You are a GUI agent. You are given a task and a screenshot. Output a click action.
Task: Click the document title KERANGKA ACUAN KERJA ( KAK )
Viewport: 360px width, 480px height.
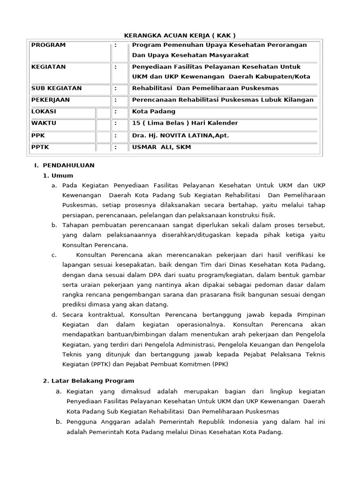pos(180,36)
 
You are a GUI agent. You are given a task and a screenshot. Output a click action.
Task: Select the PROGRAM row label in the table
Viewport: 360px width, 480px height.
pos(48,45)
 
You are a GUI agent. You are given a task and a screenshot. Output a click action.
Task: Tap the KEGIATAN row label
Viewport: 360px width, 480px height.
pos(48,67)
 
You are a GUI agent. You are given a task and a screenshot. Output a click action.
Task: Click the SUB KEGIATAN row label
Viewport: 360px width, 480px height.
pos(56,88)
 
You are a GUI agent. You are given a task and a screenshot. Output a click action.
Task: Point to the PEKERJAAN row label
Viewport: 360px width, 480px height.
pos(50,100)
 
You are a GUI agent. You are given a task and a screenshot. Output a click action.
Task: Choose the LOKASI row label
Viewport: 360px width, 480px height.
pos(44,112)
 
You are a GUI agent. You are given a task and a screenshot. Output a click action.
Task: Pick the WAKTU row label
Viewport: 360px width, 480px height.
pos(44,123)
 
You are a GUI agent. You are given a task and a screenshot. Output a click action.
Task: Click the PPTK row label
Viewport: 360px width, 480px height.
pos(40,147)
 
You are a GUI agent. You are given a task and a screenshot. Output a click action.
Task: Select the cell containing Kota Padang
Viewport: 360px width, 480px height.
pos(154,112)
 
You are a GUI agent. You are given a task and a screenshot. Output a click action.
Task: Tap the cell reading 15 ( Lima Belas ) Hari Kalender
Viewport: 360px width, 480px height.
pos(185,123)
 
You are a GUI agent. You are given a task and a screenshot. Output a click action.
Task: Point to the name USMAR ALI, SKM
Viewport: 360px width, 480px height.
pos(162,147)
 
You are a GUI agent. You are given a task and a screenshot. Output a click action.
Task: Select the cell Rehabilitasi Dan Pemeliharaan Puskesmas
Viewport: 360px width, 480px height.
pos(205,88)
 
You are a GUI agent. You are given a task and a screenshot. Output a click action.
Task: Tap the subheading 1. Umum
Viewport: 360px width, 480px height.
pos(58,176)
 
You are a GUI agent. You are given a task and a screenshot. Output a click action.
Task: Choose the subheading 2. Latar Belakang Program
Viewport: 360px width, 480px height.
pos(89,381)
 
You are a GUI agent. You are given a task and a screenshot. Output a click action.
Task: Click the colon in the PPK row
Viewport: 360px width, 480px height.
pos(115,135)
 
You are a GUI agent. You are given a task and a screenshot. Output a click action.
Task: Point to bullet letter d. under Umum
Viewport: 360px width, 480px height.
pos(54,315)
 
